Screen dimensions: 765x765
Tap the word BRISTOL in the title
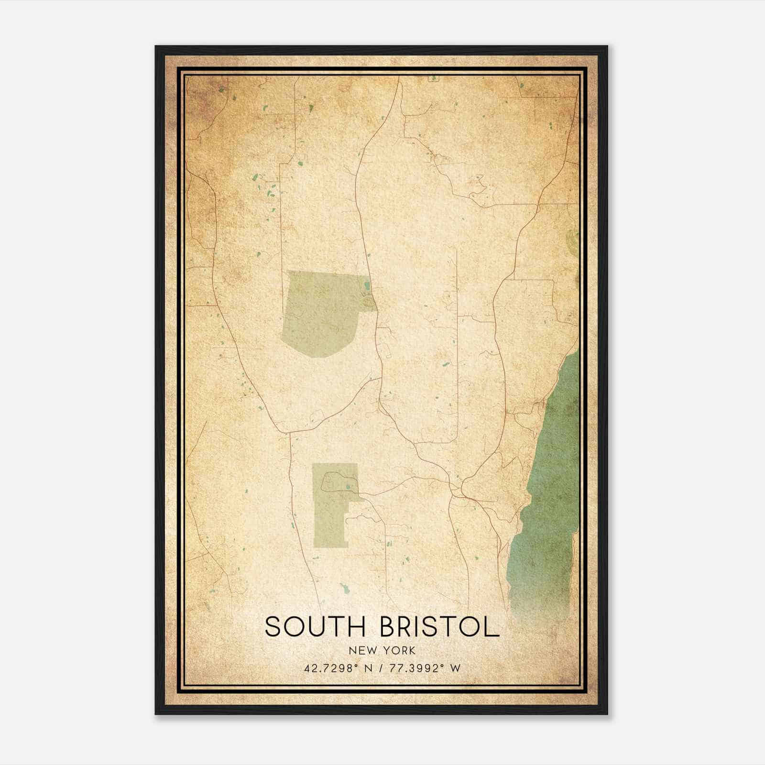(439, 627)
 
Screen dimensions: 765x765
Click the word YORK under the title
(400, 650)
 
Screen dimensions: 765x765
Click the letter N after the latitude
(368, 668)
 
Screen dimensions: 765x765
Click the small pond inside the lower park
(349, 487)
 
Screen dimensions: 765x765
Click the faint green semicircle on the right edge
(572, 239)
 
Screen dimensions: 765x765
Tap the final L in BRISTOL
(492, 627)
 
